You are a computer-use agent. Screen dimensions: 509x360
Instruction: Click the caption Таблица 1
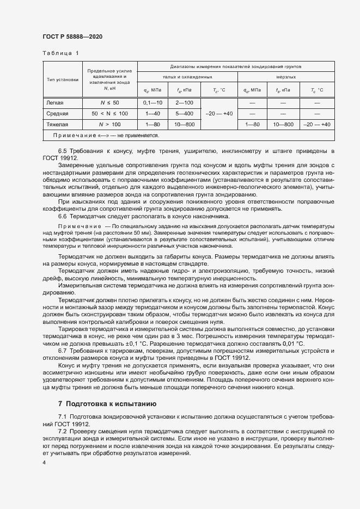[60, 53]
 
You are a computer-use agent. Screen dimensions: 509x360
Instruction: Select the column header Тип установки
[63, 79]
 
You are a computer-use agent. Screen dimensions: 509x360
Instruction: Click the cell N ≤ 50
[109, 102]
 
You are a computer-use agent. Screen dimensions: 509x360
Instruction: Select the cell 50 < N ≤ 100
[109, 113]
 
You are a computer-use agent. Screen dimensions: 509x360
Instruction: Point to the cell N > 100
[109, 124]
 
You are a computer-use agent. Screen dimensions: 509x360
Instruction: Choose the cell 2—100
[185, 102]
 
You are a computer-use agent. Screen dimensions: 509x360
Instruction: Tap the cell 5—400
[185, 113]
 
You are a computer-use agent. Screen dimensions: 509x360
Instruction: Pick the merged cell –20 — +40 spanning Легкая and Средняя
[220, 113]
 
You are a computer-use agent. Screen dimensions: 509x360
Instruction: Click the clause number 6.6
[62, 216]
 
